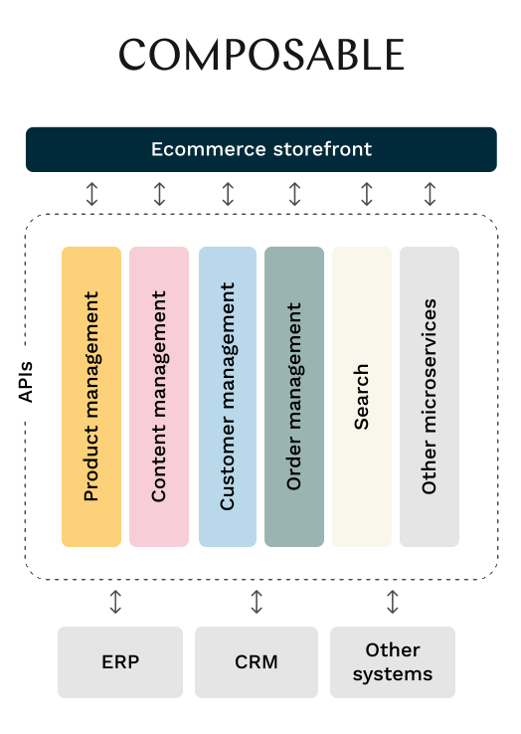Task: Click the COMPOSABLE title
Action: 261,55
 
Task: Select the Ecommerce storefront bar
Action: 261,149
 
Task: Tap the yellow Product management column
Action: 91,397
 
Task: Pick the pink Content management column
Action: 159,397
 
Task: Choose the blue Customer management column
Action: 228,397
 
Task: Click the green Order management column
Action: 294,397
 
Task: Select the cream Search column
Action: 362,397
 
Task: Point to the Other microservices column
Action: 430,397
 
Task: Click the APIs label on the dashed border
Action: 25,382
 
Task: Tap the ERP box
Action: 120,662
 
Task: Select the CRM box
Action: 257,662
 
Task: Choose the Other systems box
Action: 393,662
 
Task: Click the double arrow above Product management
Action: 92,194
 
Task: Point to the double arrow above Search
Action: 367,194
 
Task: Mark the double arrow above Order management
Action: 295,194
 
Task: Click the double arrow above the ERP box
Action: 115,602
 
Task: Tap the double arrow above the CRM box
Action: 257,602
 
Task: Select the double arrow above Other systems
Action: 393,602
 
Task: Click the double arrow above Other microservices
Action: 431,194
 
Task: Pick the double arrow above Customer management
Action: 228,194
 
